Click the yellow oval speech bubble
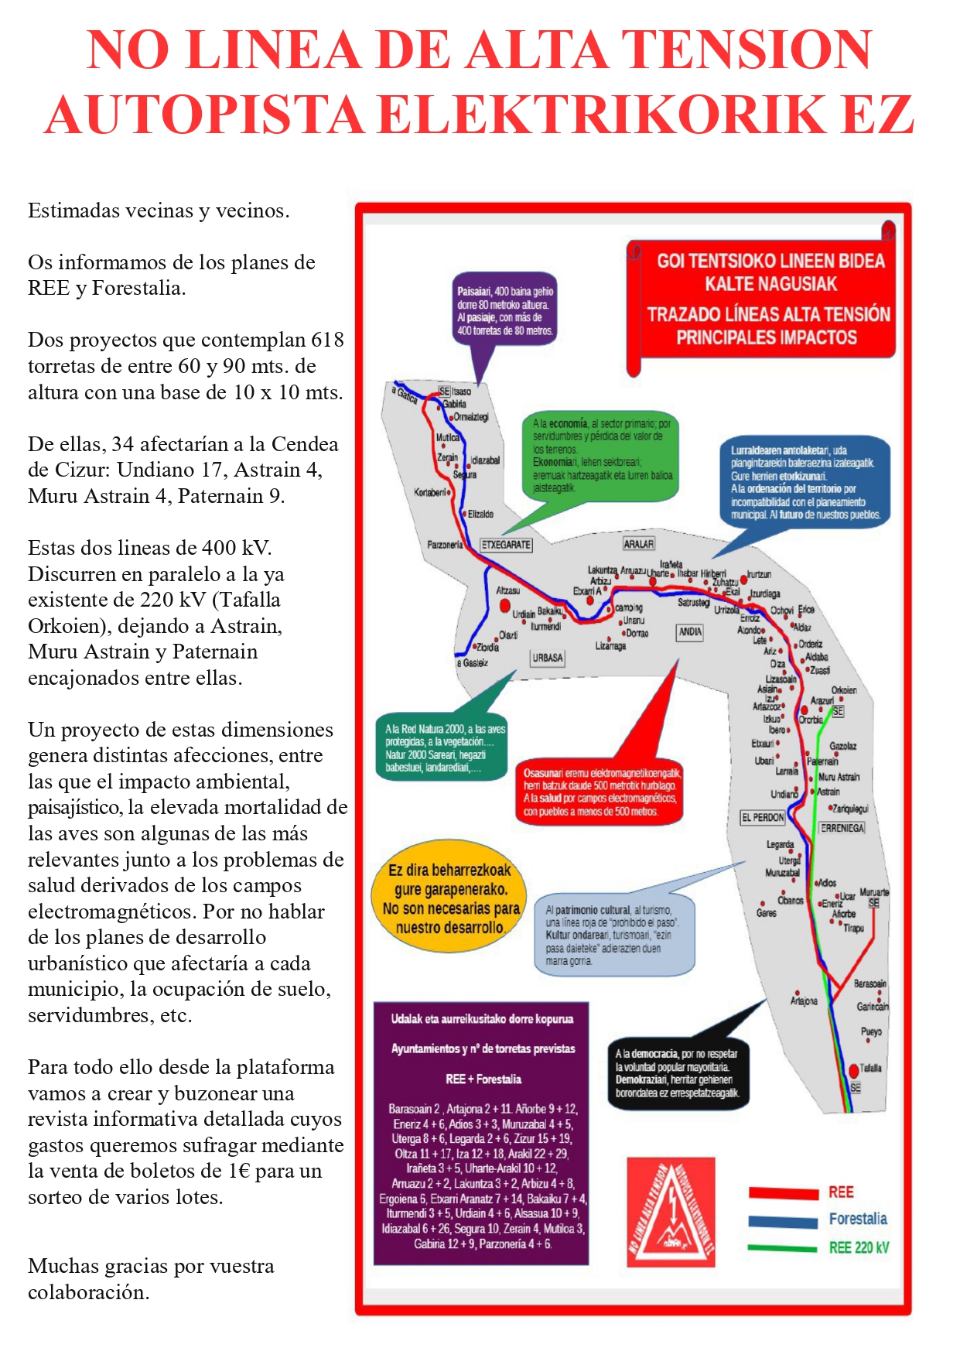[450, 898]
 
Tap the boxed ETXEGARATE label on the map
[506, 545]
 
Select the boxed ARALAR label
[639, 544]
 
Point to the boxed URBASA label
[548, 658]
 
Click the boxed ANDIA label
[690, 632]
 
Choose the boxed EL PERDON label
[763, 817]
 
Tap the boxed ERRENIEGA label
[842, 828]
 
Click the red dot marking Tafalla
[854, 1071]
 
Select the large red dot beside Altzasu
[505, 605]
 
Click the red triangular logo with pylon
[671, 1212]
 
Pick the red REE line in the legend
[783, 1192]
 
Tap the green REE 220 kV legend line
[783, 1247]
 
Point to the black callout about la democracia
[678, 1072]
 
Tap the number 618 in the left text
[327, 340]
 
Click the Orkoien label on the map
[844, 689]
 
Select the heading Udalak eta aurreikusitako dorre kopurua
[481, 1019]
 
